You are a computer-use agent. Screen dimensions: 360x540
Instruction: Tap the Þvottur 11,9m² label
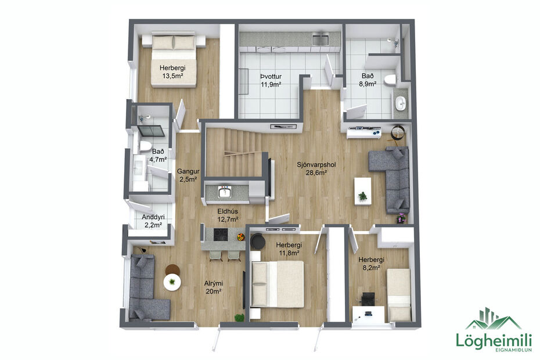pyautogui.click(x=271, y=80)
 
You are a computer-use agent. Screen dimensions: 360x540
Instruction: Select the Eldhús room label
pyautogui.click(x=229, y=215)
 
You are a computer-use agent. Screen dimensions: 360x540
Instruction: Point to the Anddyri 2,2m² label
pyautogui.click(x=152, y=221)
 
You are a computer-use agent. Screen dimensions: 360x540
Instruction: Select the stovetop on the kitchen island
pyautogui.click(x=221, y=234)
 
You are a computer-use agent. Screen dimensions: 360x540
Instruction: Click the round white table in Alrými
pyautogui.click(x=172, y=282)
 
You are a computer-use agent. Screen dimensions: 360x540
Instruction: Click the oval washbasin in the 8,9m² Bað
pyautogui.click(x=400, y=103)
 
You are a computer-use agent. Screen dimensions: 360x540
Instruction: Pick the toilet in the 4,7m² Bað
pyautogui.click(x=144, y=145)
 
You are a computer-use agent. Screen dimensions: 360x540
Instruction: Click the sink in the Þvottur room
pyautogui.click(x=319, y=39)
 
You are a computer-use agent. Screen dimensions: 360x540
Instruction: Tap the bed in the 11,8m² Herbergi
pyautogui.click(x=278, y=283)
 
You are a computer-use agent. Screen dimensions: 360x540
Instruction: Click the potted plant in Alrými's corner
pyautogui.click(x=239, y=317)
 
